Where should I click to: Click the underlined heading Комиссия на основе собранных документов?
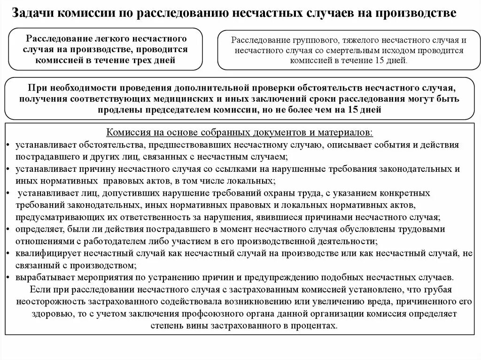coord(240,132)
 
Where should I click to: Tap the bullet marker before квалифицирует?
coord(10,253)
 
